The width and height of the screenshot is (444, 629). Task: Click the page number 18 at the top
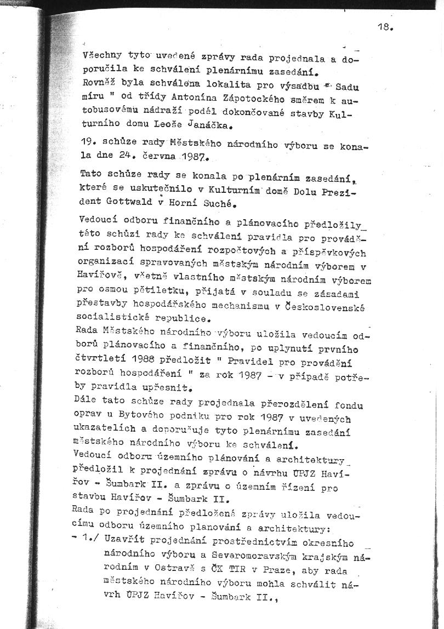tap(385, 26)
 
